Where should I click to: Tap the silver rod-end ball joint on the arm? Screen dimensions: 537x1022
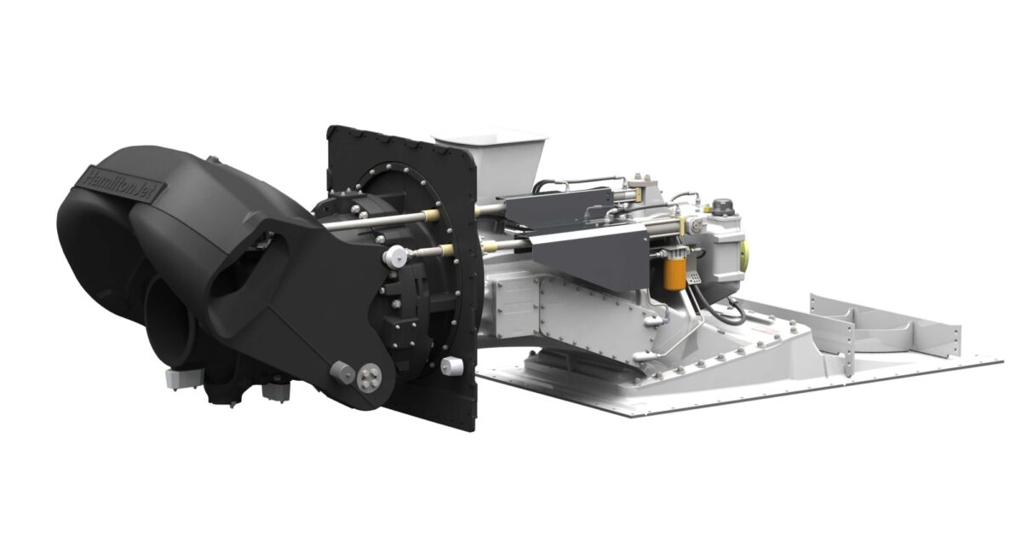(393, 256)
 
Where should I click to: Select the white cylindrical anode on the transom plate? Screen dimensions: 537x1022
(452, 367)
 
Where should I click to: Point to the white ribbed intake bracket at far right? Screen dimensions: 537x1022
(886, 324)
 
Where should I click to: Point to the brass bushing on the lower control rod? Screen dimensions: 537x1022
(446, 250)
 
